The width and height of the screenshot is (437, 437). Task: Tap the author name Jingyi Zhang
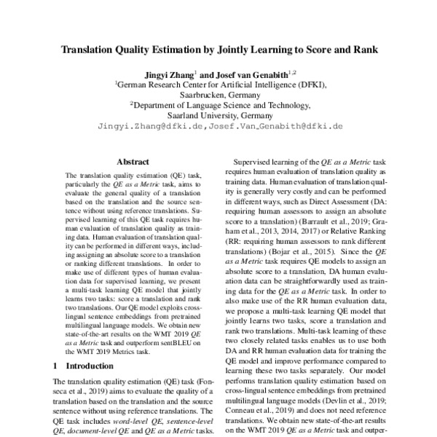[x=168, y=74]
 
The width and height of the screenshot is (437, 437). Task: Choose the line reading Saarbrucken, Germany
[x=219, y=94]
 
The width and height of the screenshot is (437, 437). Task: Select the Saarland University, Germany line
[x=219, y=115]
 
